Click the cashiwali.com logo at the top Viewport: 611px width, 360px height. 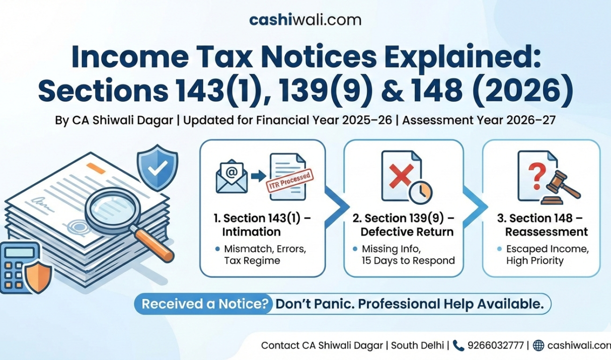[306, 20]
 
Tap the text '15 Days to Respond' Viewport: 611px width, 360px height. [408, 260]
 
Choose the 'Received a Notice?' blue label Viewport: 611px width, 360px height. [204, 304]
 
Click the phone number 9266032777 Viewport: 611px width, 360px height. [496, 345]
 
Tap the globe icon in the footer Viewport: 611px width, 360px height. [538, 345]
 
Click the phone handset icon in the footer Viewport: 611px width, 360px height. [458, 345]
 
